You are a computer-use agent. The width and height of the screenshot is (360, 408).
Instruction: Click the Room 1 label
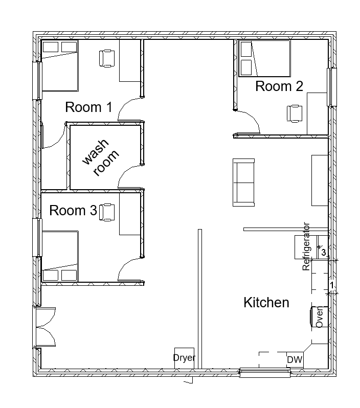[88, 107]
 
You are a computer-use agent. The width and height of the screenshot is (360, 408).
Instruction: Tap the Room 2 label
[279, 86]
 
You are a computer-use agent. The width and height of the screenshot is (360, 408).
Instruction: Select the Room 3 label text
[73, 210]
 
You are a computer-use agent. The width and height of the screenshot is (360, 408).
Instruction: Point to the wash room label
[100, 157]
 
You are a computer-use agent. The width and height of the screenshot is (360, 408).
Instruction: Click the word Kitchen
[266, 302]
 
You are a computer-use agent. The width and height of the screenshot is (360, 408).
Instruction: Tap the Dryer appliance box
[184, 358]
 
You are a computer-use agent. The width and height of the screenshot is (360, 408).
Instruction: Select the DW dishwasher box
[295, 359]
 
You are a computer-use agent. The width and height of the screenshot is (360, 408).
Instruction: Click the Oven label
[319, 316]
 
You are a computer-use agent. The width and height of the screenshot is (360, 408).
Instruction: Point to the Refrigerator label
[306, 246]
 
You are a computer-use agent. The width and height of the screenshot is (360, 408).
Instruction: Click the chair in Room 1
[107, 58]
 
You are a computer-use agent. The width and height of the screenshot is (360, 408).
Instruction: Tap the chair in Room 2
[295, 114]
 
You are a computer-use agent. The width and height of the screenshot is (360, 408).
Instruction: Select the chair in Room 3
[107, 212]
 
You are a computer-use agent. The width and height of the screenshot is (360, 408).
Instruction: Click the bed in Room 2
[264, 59]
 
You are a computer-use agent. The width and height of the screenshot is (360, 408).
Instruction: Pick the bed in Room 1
[60, 66]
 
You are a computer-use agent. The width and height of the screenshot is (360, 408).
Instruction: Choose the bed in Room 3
[60, 256]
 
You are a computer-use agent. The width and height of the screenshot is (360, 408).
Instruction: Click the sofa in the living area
[243, 183]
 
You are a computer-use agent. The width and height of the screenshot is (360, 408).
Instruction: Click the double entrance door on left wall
[46, 327]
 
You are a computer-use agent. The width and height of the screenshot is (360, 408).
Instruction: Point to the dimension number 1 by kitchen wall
[332, 285]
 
